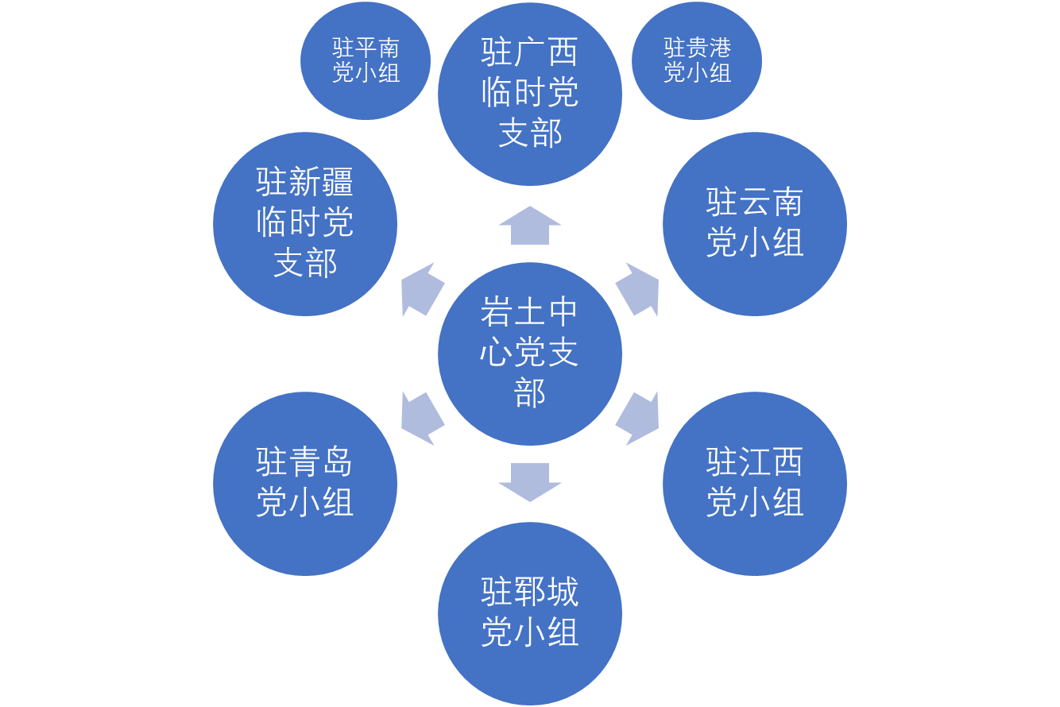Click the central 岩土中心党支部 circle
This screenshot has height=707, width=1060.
[x=530, y=353]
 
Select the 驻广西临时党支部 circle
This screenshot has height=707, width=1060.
[x=530, y=94]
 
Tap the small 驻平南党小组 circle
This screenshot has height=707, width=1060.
[x=366, y=61]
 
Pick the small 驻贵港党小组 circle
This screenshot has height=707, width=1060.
[x=697, y=61]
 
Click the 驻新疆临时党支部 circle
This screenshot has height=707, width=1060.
[x=305, y=224]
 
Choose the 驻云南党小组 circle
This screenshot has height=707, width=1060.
[x=755, y=224]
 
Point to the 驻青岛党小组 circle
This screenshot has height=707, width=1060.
[x=305, y=483]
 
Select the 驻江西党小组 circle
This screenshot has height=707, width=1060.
[x=755, y=483]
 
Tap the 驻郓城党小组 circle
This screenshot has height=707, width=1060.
[x=530, y=613]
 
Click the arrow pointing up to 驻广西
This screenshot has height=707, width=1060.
[x=530, y=226]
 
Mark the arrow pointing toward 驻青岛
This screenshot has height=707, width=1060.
[x=421, y=418]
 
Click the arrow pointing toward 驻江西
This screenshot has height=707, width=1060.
[x=639, y=418]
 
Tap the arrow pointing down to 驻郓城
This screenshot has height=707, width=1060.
[x=530, y=481]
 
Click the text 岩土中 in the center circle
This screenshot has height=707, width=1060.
[x=530, y=312]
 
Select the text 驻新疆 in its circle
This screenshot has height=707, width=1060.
[x=305, y=184]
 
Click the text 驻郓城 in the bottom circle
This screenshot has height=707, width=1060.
[x=530, y=593]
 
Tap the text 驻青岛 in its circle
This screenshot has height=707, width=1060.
[x=305, y=462]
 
